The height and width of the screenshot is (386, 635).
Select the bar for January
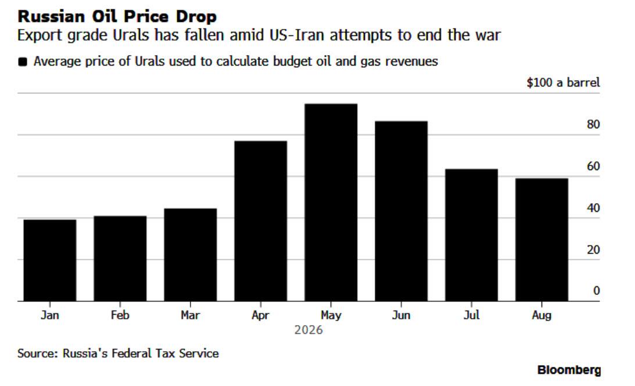pyautogui.click(x=50, y=260)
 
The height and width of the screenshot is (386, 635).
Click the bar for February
pyautogui.click(x=120, y=258)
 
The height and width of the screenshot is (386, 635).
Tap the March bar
pyautogui.click(x=191, y=255)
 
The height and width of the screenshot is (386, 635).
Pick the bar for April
pyautogui.click(x=261, y=221)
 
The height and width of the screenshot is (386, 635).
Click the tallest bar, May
pyautogui.click(x=331, y=203)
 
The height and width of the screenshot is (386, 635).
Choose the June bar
pyautogui.click(x=401, y=211)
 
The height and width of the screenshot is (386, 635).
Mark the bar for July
pyautogui.click(x=471, y=235)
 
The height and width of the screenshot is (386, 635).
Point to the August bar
pyautogui.click(x=542, y=240)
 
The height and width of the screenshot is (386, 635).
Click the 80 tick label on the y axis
pyautogui.click(x=593, y=124)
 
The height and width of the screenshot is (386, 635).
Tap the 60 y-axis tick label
pyautogui.click(x=593, y=166)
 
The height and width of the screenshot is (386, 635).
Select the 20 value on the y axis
pyautogui.click(x=593, y=250)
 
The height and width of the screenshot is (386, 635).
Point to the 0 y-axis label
pyautogui.click(x=597, y=290)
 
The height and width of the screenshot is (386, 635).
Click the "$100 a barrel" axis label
pyautogui.click(x=563, y=82)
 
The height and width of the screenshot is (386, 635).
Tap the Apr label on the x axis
pyautogui.click(x=260, y=315)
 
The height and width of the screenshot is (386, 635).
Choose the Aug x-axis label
pyautogui.click(x=542, y=315)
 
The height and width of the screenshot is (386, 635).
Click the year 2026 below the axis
pyautogui.click(x=308, y=330)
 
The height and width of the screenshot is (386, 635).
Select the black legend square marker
pyautogui.click(x=23, y=62)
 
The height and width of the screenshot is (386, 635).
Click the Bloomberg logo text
pyautogui.click(x=569, y=370)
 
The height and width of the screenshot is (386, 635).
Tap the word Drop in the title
pyautogui.click(x=196, y=17)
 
